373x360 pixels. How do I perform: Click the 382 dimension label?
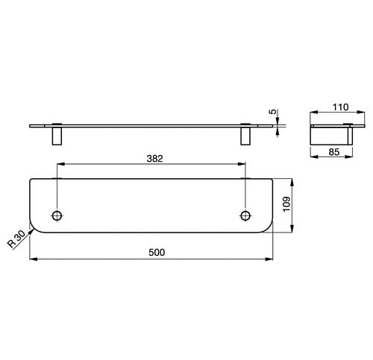point(154,159)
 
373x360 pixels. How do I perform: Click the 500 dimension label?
point(157,253)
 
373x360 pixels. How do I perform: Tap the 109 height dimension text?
point(286,204)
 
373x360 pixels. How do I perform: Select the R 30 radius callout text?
point(16,239)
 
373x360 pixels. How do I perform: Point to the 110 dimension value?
point(341,107)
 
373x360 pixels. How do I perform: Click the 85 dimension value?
point(334,151)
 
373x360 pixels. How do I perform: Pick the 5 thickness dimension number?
point(273,112)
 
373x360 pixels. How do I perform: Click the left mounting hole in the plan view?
point(57,215)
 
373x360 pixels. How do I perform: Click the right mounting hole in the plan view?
point(245,215)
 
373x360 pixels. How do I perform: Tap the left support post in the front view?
point(57,136)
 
